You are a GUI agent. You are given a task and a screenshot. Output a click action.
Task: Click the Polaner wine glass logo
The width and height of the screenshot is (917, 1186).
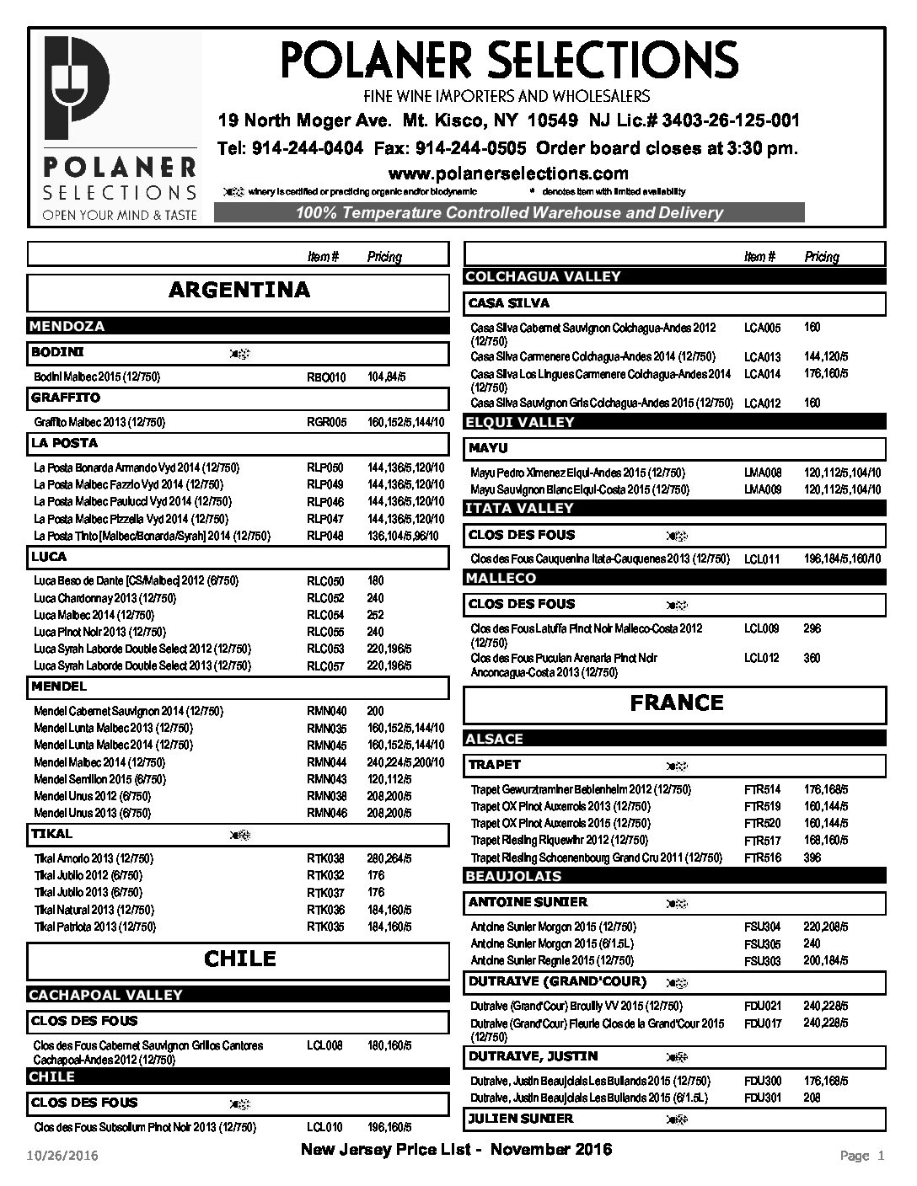(75, 90)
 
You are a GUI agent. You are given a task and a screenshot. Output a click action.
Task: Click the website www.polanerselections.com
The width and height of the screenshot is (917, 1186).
(508, 174)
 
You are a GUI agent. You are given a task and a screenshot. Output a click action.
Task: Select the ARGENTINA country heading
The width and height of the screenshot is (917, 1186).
(239, 291)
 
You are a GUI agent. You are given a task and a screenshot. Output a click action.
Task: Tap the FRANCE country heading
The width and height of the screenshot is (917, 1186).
(676, 703)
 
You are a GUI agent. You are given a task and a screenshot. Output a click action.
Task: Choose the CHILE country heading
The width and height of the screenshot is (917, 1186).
(239, 959)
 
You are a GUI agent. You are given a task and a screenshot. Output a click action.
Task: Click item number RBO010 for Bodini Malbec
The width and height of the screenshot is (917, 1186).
(326, 377)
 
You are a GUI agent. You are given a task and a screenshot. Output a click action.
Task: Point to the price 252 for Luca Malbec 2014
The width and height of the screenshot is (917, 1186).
(376, 616)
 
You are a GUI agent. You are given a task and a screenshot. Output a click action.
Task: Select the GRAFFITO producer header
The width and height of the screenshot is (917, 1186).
(66, 398)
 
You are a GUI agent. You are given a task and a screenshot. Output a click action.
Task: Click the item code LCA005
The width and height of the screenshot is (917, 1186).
(762, 328)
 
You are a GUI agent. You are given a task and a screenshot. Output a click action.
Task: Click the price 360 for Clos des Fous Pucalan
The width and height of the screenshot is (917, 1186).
(812, 658)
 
